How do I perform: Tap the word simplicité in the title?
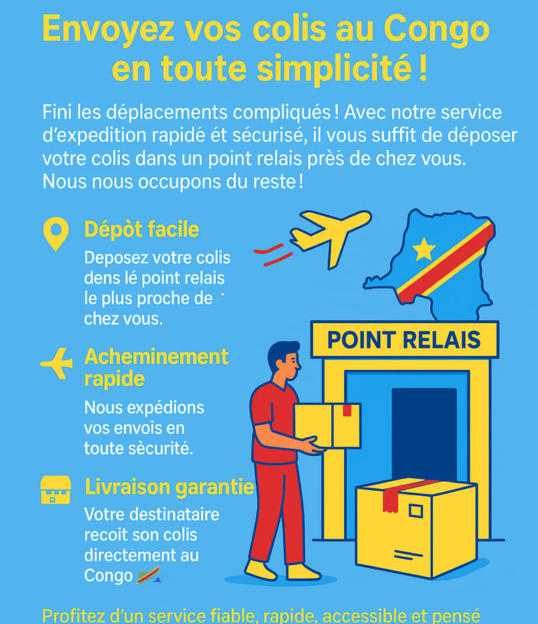[333, 68]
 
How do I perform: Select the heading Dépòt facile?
[142, 229]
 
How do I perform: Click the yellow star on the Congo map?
[424, 249]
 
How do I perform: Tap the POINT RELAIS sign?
[404, 340]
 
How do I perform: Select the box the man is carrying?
[327, 425]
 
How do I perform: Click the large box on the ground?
[416, 527]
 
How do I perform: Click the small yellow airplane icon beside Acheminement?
[57, 363]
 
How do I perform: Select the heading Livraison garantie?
[170, 487]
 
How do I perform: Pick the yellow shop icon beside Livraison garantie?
[56, 490]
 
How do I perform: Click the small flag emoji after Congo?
[149, 575]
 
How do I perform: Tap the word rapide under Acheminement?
[114, 379]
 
